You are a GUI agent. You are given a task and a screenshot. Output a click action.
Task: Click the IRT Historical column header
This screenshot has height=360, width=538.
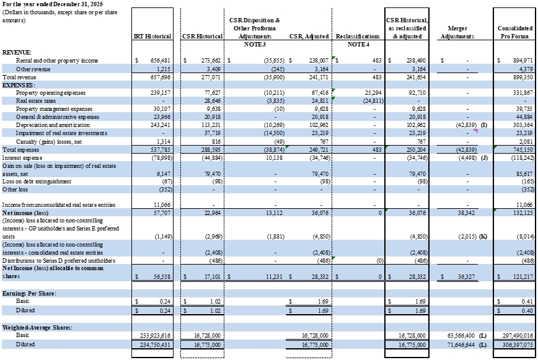[x=152, y=37]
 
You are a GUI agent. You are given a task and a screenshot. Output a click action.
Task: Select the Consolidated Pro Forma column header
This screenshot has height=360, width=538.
[x=514, y=32]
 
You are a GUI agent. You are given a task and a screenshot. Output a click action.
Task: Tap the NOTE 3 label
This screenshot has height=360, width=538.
[x=255, y=44]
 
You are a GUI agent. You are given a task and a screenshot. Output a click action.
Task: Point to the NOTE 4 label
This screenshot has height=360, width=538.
[x=358, y=44]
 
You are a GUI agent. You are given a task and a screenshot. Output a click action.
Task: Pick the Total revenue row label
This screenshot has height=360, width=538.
[x=19, y=77]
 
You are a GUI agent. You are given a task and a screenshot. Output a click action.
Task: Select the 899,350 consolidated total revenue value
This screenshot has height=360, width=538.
[x=523, y=77]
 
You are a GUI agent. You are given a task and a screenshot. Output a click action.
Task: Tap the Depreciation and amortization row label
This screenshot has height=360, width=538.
[x=53, y=125]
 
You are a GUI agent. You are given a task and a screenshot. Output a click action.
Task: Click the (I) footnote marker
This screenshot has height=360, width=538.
[x=484, y=125]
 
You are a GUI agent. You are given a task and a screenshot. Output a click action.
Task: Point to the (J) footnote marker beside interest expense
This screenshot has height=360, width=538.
[x=484, y=158]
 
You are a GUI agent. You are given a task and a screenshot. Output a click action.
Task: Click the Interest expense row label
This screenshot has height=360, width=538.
[x=22, y=158]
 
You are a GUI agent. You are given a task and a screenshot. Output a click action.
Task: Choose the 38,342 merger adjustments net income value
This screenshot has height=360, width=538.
[x=466, y=213]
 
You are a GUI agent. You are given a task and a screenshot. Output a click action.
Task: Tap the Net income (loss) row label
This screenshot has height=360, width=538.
[x=25, y=213]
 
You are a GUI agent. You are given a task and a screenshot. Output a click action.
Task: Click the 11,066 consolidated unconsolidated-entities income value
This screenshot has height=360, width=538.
[x=524, y=205]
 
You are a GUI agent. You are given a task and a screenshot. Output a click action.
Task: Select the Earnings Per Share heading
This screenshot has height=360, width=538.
[x=29, y=294]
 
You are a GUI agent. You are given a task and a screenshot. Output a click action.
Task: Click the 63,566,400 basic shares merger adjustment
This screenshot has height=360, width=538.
[x=462, y=336]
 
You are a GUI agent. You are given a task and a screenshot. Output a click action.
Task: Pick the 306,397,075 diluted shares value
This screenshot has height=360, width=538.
[x=518, y=345]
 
